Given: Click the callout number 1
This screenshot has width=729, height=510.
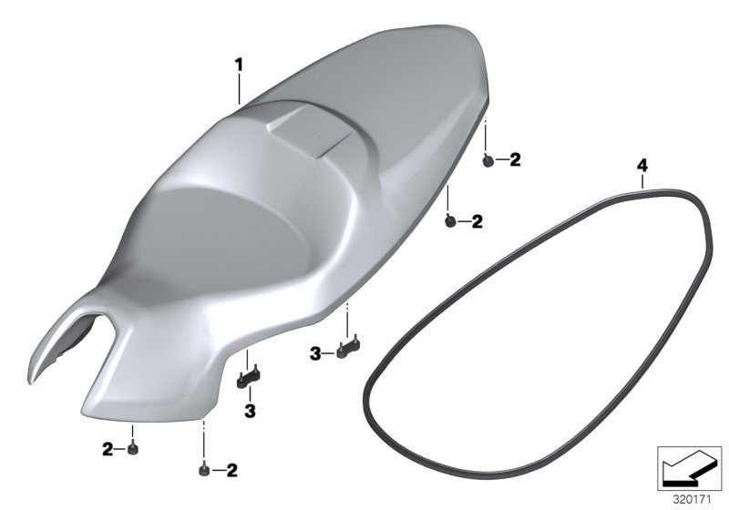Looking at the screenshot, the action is [x=239, y=66].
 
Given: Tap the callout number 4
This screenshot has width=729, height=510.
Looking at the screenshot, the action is [x=642, y=166].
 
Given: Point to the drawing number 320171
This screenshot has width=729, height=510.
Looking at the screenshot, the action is [x=692, y=500].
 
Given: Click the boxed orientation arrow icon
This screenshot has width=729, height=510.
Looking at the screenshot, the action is [x=689, y=468].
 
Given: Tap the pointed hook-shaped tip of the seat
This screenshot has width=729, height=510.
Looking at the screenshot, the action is [x=31, y=381].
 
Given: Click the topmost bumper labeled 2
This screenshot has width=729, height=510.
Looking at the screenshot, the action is [x=488, y=160].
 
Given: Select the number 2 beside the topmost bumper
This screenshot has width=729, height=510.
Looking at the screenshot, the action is [x=515, y=159].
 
